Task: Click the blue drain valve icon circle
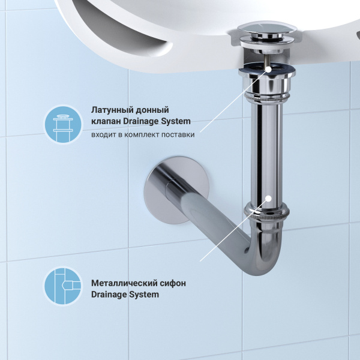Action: click(62, 124)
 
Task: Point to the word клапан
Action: click(106, 122)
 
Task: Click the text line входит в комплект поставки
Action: click(143, 134)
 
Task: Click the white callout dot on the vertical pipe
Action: click(269, 197)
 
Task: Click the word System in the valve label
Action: click(184, 122)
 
